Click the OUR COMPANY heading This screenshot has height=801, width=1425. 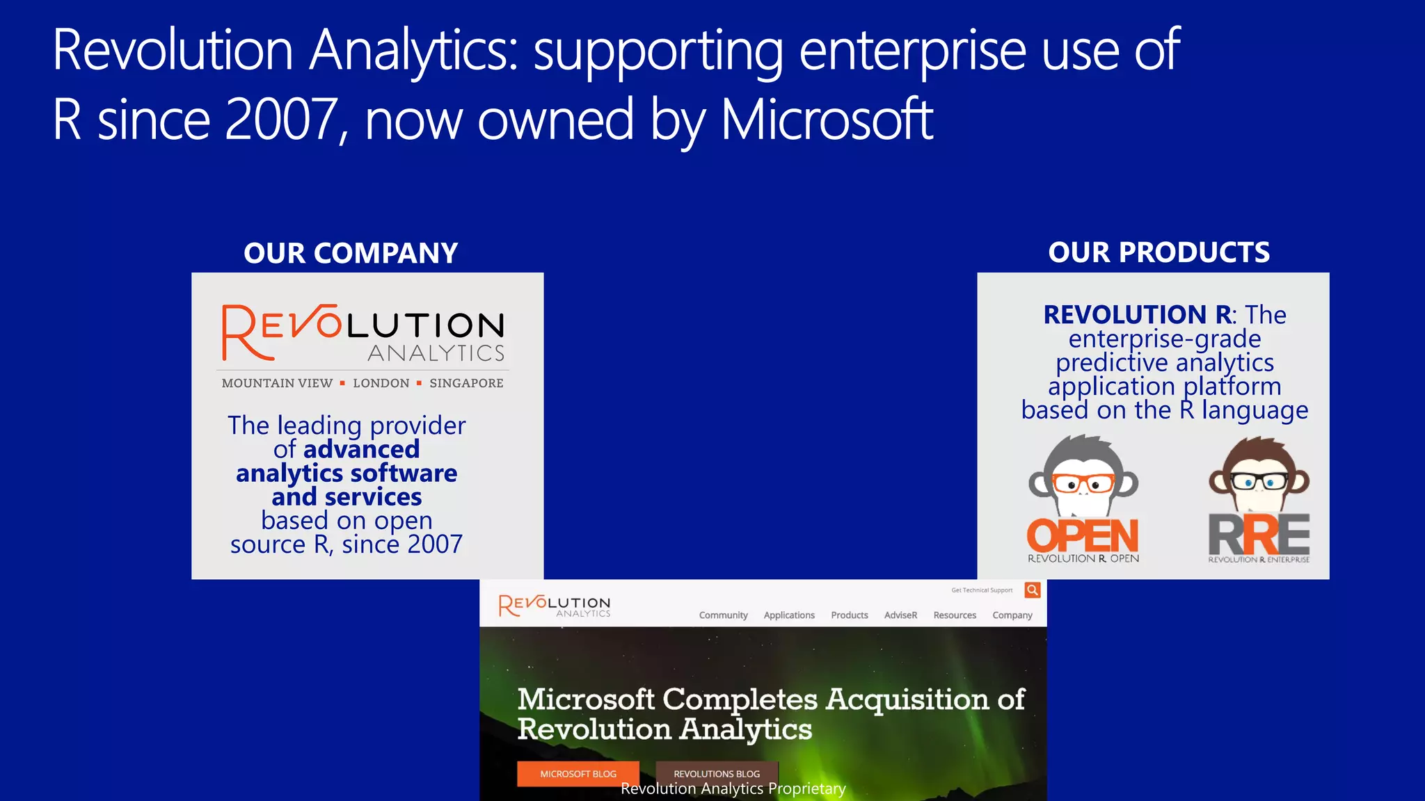click(351, 253)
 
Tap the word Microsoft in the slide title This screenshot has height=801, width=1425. click(826, 120)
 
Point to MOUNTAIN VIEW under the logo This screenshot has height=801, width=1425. click(277, 383)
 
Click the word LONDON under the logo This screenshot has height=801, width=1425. click(381, 383)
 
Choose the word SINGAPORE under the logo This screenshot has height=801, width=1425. click(466, 383)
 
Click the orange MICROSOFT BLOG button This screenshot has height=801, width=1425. click(578, 773)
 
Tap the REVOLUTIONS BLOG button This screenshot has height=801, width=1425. click(717, 773)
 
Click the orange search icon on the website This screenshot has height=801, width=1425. click(1033, 590)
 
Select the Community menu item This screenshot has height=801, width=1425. click(723, 615)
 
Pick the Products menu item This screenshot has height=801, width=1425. click(849, 615)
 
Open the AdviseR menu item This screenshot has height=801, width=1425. click(900, 615)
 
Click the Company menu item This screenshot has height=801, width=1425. click(1012, 615)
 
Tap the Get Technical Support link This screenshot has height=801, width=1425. click(982, 590)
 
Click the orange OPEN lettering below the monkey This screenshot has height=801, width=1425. click(1083, 536)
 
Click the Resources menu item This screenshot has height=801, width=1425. click(955, 615)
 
